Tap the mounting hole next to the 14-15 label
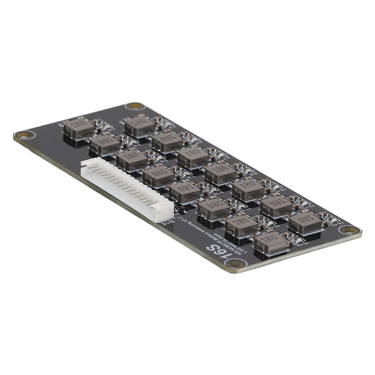point(349,229)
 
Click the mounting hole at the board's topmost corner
point(135,106)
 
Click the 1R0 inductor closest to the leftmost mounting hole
point(78,127)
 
